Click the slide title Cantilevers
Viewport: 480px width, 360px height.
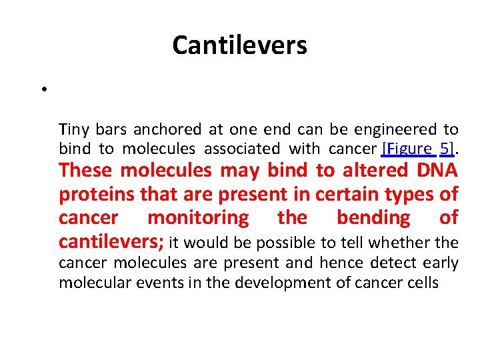239,45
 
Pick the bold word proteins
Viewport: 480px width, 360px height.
93,195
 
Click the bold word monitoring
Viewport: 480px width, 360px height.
197,218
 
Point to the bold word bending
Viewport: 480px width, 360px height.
373,218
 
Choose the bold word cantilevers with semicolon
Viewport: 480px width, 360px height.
111,241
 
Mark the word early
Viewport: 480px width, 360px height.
439,263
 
